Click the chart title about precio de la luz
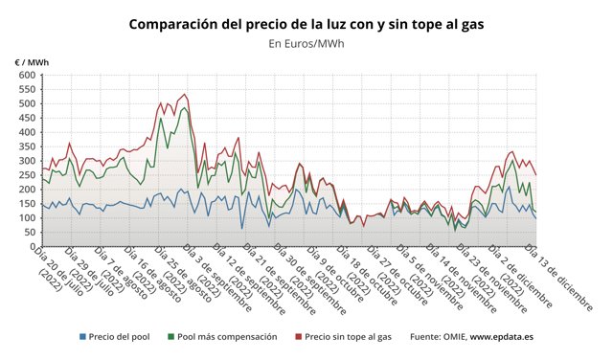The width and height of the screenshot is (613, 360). [306, 22]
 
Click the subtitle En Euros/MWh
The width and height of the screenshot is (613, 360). [306, 43]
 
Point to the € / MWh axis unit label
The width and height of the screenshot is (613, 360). [32, 62]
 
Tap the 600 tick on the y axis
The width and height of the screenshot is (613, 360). [24, 76]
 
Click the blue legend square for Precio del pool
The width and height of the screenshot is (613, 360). [83, 337]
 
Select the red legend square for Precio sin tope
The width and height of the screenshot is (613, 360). [297, 337]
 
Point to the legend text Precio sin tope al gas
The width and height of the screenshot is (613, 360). [349, 337]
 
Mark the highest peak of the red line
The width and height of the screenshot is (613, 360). [184, 95]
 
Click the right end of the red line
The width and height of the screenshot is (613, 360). [535, 174]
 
